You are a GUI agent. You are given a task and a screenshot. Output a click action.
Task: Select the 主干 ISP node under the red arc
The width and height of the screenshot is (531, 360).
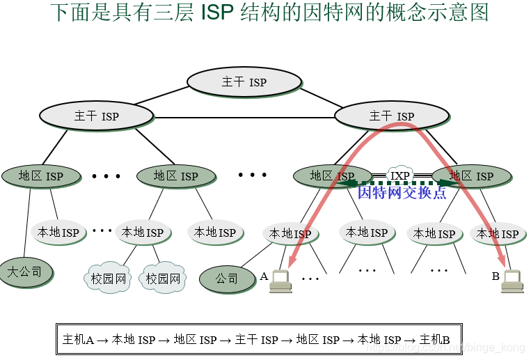392,116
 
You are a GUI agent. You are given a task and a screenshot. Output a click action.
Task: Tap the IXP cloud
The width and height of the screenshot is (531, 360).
399,175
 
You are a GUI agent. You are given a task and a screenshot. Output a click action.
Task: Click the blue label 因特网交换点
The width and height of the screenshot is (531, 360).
402,193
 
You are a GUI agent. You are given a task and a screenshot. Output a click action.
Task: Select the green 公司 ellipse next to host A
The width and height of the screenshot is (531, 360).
227,279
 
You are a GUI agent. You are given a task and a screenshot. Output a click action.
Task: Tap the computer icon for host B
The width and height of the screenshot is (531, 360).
512,280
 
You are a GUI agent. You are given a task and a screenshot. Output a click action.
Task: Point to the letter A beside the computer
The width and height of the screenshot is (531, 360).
264,276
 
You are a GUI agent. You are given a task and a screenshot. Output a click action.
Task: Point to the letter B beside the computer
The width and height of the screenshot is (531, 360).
496,276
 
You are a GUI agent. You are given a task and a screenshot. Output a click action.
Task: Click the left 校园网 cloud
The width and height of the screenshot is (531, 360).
108,279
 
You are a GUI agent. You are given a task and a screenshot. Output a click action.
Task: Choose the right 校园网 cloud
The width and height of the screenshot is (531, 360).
163,279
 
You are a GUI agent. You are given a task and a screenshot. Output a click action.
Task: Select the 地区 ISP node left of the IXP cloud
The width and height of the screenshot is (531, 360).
332,175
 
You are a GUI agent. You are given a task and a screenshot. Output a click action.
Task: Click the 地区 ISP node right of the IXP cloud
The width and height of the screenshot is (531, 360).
471,175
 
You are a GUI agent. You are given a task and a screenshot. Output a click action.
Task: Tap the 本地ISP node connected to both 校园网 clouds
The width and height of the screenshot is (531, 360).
143,232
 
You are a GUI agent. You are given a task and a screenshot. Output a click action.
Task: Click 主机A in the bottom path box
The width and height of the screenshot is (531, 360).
78,340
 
